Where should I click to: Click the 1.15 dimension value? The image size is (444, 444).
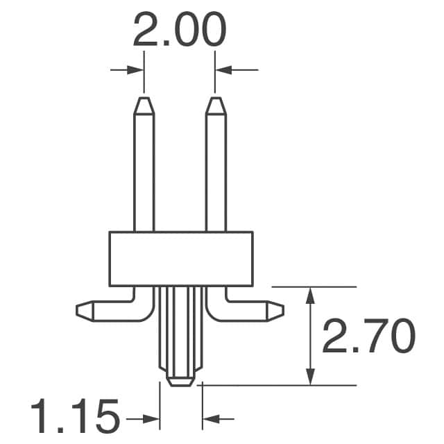point(74,418)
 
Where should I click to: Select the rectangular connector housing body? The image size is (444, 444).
point(180,259)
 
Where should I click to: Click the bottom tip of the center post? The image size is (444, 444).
point(180,382)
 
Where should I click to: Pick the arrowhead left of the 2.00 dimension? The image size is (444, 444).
point(138,69)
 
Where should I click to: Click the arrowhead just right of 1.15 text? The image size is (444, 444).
point(153,418)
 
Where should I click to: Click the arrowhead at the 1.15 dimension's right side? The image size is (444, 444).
point(207,418)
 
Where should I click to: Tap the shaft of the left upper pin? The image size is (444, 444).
point(144,173)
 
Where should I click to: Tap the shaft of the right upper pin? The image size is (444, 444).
point(216,173)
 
